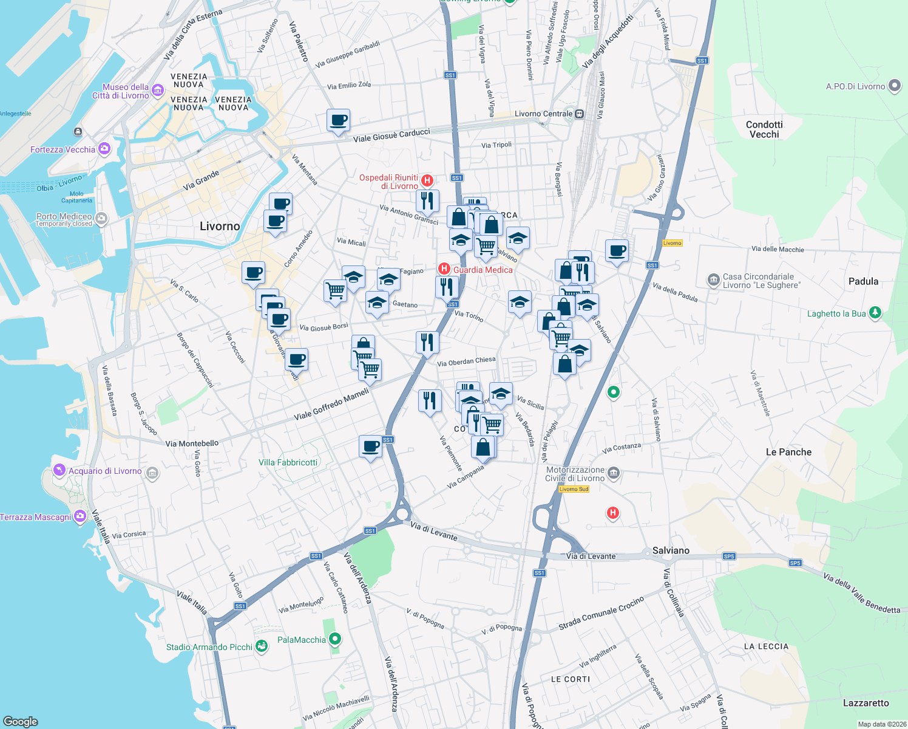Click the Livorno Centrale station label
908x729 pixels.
[x=543, y=114]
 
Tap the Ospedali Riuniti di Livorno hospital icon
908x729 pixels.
[x=427, y=180]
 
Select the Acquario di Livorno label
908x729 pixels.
[x=105, y=471]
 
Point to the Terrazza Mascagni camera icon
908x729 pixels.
[x=80, y=517]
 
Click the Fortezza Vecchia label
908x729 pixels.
[x=63, y=149]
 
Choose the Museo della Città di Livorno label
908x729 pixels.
[x=121, y=91]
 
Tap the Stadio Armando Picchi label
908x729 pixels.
[x=209, y=647]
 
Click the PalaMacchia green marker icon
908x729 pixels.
[x=335, y=639]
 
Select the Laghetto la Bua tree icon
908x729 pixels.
[x=875, y=313]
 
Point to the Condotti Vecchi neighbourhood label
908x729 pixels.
[x=764, y=129]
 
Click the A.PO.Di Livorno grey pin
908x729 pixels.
[x=894, y=86]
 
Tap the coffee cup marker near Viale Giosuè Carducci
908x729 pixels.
[x=338, y=120]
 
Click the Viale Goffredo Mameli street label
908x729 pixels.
[x=331, y=405]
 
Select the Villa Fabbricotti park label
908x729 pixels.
[x=288, y=462]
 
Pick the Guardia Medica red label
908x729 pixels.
[x=483, y=270]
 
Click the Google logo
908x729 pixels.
[x=21, y=721]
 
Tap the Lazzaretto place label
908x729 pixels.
[x=866, y=703]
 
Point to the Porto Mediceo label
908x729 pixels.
[x=64, y=216]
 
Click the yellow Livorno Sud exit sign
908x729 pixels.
[x=574, y=489]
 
